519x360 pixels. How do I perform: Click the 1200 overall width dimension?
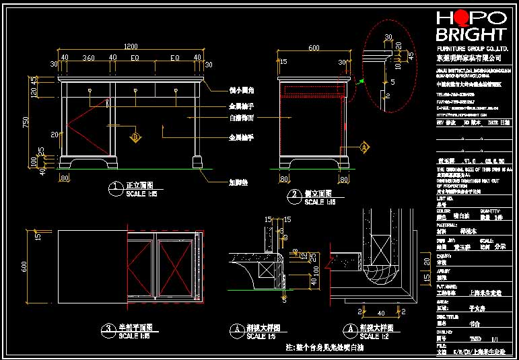point(131,46)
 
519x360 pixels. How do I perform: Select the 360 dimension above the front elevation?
point(88,59)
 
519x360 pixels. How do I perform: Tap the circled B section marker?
point(135,137)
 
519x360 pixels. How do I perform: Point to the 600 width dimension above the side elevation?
point(314,48)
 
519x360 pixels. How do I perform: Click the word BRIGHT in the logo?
point(471,35)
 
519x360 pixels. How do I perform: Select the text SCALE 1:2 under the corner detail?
point(372,336)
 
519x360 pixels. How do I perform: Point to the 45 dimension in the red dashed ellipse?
point(411,56)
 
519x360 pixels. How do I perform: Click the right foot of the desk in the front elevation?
point(197,162)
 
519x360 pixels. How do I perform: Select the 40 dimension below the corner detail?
point(382,314)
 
